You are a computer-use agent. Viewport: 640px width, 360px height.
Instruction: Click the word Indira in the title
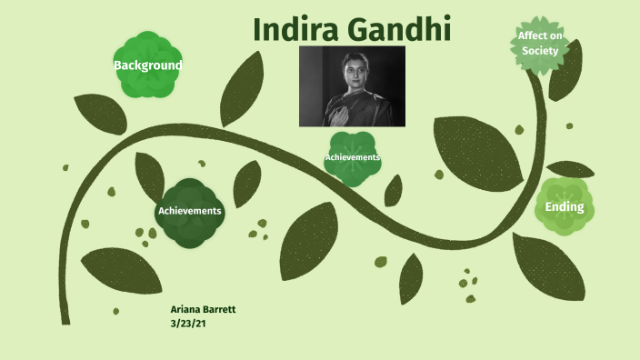[296, 29]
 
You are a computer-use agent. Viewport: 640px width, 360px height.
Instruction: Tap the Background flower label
[147, 65]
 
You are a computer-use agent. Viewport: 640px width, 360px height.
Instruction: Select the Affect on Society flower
[539, 43]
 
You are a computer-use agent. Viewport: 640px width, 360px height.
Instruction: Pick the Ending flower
[565, 207]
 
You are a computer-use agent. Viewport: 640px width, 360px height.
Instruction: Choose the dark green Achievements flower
[189, 211]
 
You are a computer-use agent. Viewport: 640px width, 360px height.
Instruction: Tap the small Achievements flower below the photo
[352, 158]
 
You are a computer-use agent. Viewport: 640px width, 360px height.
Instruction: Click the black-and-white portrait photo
[352, 86]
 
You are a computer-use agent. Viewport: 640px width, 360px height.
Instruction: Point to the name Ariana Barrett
[203, 309]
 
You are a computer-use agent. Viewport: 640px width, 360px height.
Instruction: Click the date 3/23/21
[188, 322]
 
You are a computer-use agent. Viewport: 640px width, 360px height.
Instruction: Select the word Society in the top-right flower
[539, 50]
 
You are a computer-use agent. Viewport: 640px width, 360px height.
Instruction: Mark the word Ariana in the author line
[185, 309]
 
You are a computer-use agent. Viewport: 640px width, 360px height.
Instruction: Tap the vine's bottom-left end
[65, 314]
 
